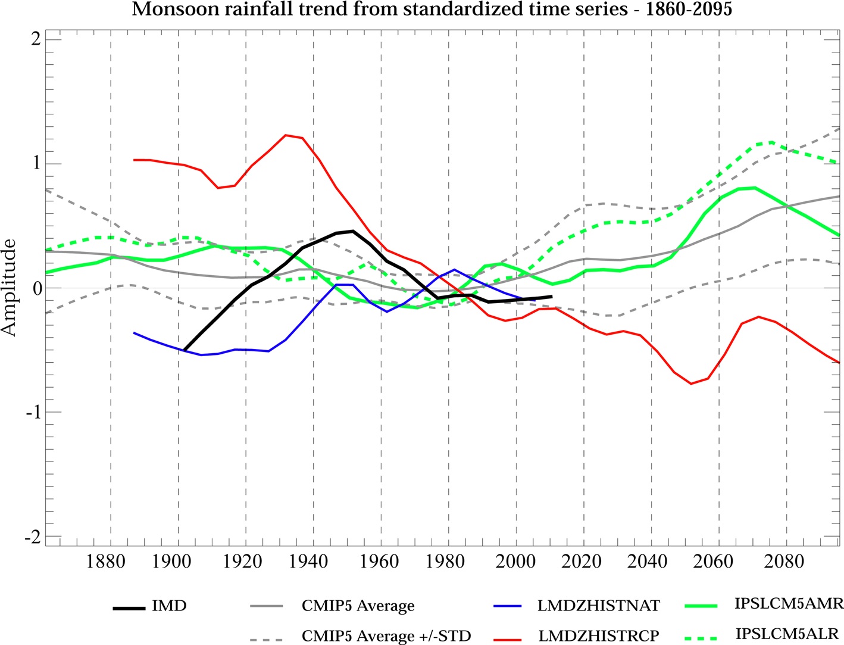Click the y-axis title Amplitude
[10, 288]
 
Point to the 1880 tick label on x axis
[106, 561]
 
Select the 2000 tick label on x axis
[515, 561]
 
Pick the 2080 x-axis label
[784, 561]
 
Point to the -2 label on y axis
[32, 537]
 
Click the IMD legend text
[170, 606]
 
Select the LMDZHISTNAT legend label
[598, 606]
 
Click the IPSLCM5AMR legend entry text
[789, 604]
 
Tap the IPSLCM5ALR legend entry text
[787, 634]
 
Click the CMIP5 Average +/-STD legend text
[386, 636]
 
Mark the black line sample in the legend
[129, 608]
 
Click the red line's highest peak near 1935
[286, 135]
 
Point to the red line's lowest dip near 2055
[691, 384]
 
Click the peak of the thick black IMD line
[352, 231]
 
